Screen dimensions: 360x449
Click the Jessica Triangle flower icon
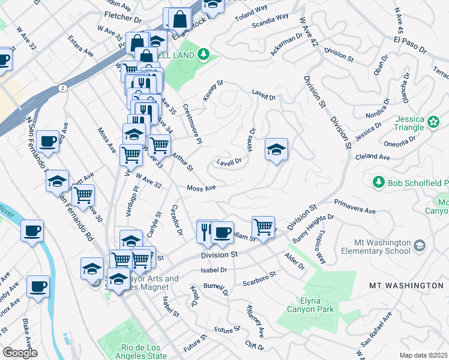(x=434, y=122)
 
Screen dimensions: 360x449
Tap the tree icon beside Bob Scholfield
(x=378, y=182)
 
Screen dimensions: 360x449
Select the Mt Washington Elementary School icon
(x=419, y=246)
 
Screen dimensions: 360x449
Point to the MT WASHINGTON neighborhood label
(x=406, y=285)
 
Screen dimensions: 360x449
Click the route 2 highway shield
(x=62, y=88)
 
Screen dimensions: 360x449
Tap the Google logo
(x=19, y=353)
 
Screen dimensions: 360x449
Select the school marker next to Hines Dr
(x=276, y=150)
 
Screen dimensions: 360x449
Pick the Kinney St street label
(x=213, y=90)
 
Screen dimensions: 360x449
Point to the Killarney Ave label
(x=255, y=320)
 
